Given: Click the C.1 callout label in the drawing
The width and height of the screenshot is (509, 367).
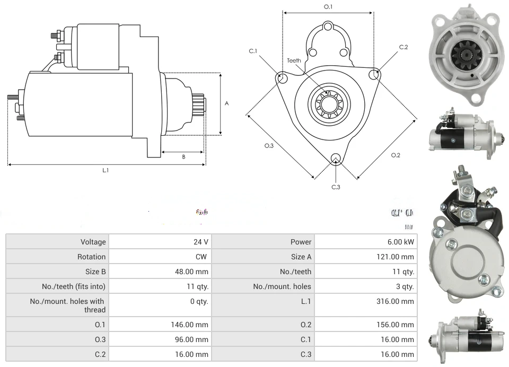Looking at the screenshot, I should [x=253, y=51].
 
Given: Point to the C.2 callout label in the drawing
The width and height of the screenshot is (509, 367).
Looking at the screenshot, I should [x=403, y=47].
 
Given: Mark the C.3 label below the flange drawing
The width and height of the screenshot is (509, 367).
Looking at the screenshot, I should [x=336, y=187].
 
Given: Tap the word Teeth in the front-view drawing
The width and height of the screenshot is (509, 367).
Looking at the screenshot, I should [x=294, y=60].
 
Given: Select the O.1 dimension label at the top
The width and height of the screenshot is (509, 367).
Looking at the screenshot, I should [x=328, y=7].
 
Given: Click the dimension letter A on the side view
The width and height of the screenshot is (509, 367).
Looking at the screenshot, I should [x=227, y=103].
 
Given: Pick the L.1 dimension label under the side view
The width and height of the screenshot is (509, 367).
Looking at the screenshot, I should [x=105, y=170].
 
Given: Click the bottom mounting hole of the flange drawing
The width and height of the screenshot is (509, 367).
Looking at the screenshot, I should [x=335, y=159].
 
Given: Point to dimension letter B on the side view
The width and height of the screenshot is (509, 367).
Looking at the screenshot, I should [x=183, y=156].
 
